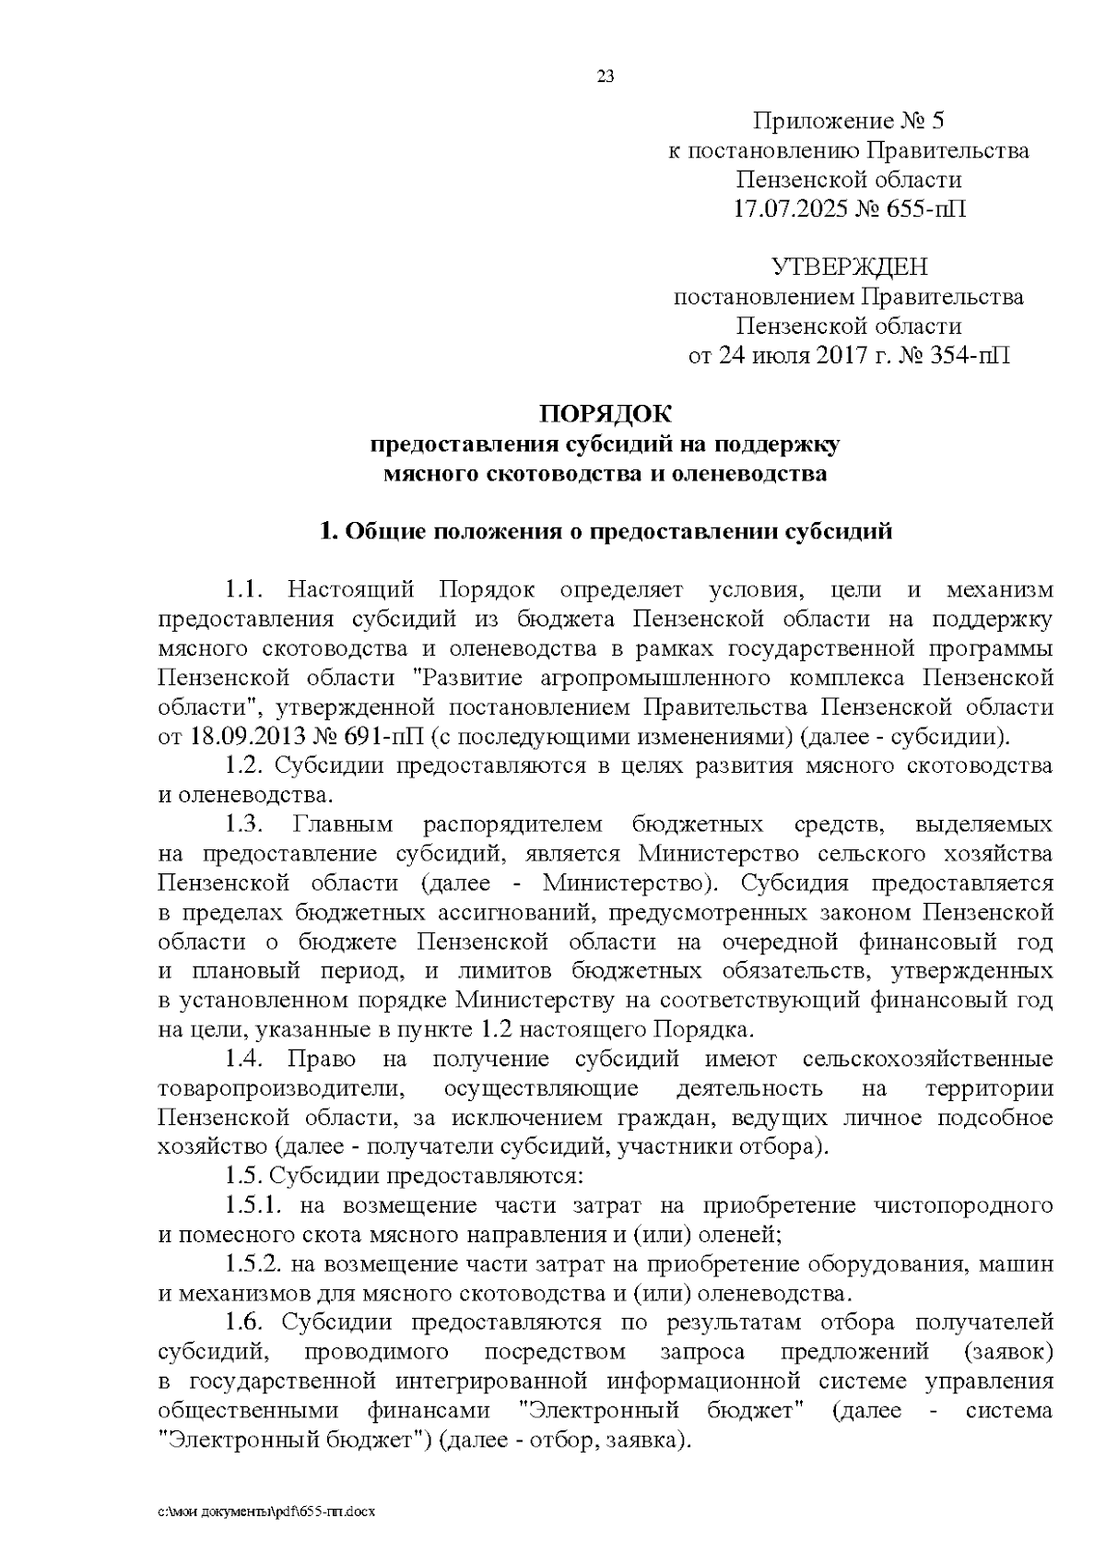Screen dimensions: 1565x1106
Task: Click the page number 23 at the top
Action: (x=606, y=77)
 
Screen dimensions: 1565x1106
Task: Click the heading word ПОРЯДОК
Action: (x=606, y=414)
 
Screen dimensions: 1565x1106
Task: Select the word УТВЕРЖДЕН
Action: (x=849, y=268)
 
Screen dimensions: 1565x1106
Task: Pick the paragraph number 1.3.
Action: (x=246, y=824)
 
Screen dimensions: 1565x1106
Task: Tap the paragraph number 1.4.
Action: (x=246, y=1059)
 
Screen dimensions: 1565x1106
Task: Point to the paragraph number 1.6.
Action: (x=246, y=1323)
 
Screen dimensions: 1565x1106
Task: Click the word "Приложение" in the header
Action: (x=811, y=121)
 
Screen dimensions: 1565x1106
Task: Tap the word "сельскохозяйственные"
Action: (x=927, y=1059)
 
